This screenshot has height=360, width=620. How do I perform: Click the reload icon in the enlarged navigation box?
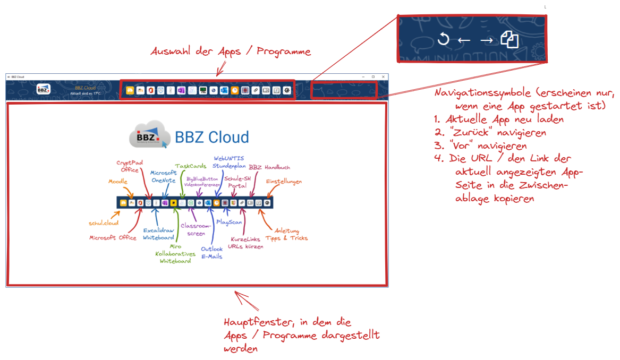tap(443, 39)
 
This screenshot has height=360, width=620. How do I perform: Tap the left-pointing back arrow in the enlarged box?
tap(464, 40)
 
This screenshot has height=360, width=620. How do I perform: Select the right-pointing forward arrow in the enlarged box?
tap(486, 40)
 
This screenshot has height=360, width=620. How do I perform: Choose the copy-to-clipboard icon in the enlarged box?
tap(509, 39)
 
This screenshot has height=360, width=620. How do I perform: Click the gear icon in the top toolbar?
tap(287, 91)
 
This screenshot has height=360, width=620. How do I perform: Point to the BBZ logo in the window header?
tap(44, 90)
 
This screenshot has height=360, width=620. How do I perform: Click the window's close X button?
tap(383, 77)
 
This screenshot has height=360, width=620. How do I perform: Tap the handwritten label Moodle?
tap(118, 182)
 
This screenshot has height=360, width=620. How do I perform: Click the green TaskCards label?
tap(191, 166)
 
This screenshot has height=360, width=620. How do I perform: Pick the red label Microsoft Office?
tap(113, 238)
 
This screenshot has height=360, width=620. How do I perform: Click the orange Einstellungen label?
tap(284, 182)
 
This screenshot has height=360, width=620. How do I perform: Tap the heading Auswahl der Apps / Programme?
tap(231, 52)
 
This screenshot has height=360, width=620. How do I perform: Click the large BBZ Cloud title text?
tap(212, 137)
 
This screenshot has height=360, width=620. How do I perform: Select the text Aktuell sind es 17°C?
tap(86, 93)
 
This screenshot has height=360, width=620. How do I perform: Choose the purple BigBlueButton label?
tap(202, 181)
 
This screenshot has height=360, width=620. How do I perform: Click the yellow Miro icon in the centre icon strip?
tap(173, 203)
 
